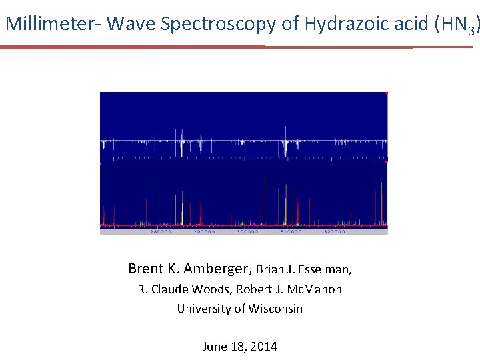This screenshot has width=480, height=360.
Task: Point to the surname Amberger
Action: [x=215, y=269]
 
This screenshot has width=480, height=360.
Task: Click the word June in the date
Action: [x=213, y=347]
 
